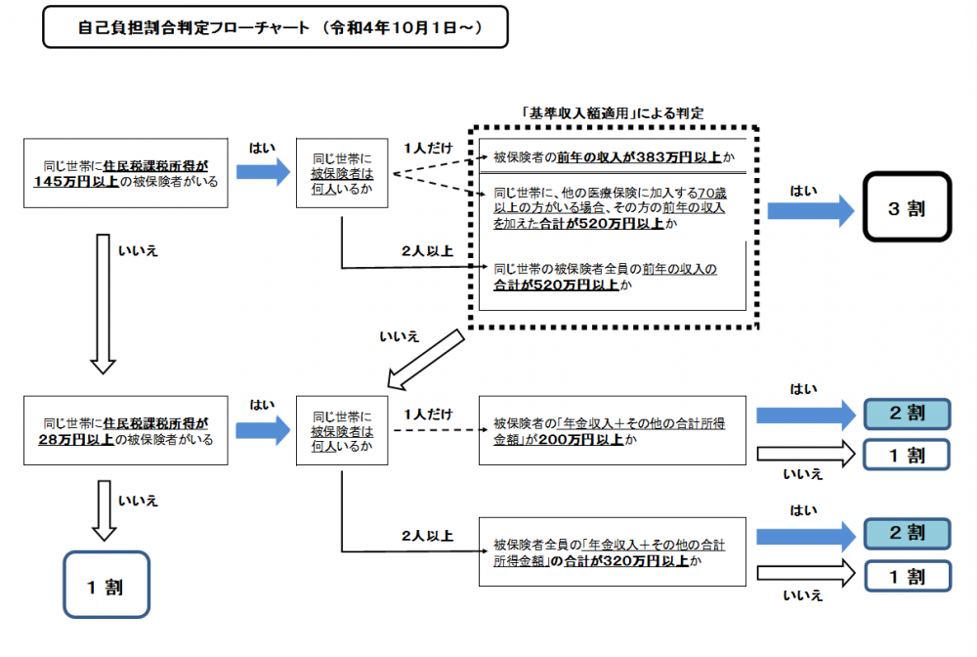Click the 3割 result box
[x=906, y=207]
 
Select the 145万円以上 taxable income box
[x=126, y=173]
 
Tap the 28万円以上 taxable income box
[x=126, y=431]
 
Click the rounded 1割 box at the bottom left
[x=106, y=585]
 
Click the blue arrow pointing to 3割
[x=810, y=208]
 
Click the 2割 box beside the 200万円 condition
[x=906, y=414]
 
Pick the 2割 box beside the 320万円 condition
[x=906, y=533]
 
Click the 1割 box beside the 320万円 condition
[x=906, y=577]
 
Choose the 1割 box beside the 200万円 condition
[x=906, y=455]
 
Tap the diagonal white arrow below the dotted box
[x=426, y=358]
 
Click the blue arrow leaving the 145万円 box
[x=263, y=173]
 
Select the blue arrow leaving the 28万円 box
[x=263, y=430]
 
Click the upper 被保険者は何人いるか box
[x=342, y=173]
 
